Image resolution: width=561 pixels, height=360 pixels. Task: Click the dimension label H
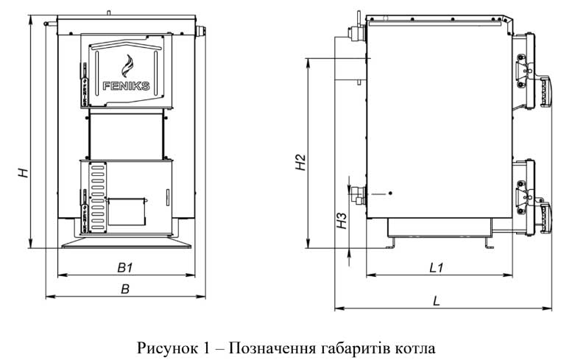pyautogui.click(x=24, y=174)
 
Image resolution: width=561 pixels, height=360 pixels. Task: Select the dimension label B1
pyautogui.click(x=125, y=267)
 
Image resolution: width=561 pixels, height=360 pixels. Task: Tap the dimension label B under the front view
pyautogui.click(x=126, y=289)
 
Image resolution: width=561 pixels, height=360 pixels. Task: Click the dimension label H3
pyautogui.click(x=341, y=220)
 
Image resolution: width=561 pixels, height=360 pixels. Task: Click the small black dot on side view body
pyautogui.click(x=390, y=193)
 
